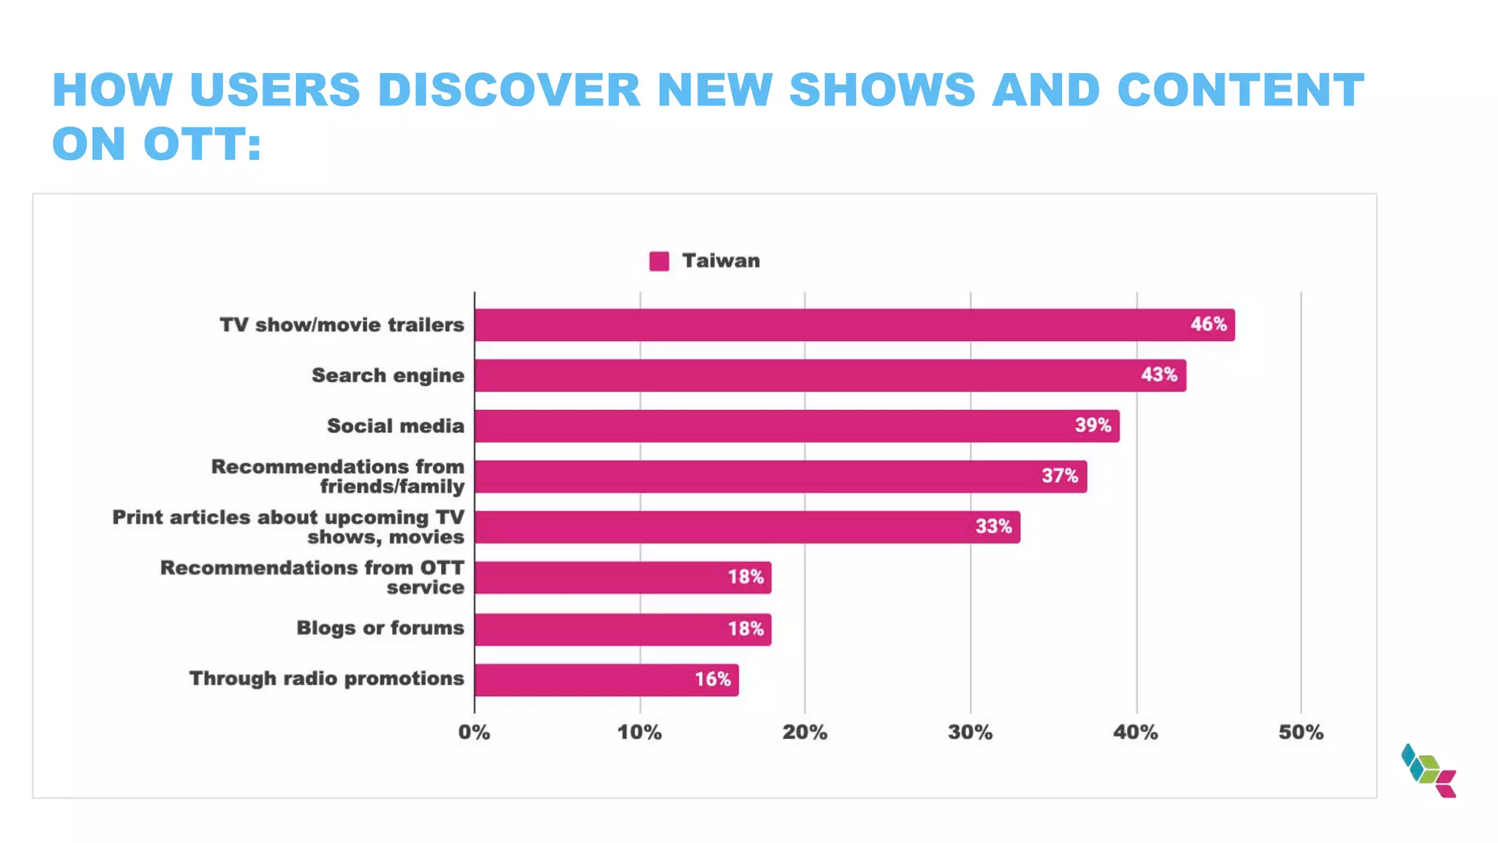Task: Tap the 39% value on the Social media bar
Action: (1093, 425)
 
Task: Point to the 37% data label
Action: (1060, 476)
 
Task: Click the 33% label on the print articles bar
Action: (993, 526)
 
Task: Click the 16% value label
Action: (712, 679)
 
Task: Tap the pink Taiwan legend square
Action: (659, 261)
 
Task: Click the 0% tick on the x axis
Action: (474, 733)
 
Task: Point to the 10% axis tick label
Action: (639, 733)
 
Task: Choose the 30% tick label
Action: (970, 733)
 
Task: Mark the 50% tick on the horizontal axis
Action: (1301, 733)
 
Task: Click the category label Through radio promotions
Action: (327, 678)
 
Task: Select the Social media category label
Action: (395, 426)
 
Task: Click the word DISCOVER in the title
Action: (509, 90)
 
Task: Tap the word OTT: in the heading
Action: (203, 143)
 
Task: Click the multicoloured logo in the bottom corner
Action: (1428, 771)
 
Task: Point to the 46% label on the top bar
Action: (1208, 324)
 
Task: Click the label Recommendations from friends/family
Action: (338, 476)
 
